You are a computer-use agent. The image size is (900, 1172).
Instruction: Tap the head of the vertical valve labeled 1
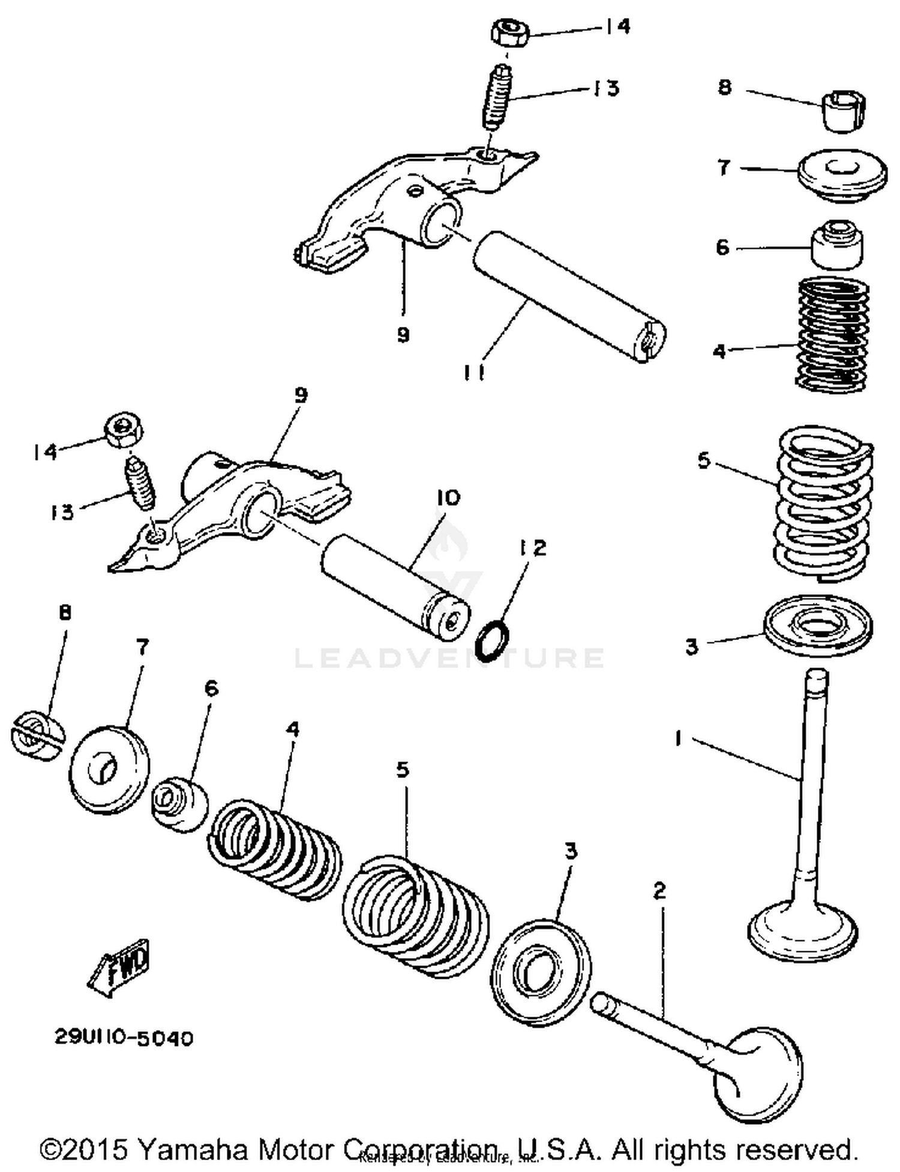(x=803, y=933)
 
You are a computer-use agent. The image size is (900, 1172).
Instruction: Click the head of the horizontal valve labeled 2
(x=758, y=1074)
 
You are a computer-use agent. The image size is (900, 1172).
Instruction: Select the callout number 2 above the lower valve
(x=659, y=890)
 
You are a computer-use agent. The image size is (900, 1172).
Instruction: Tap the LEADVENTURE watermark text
(x=449, y=658)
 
